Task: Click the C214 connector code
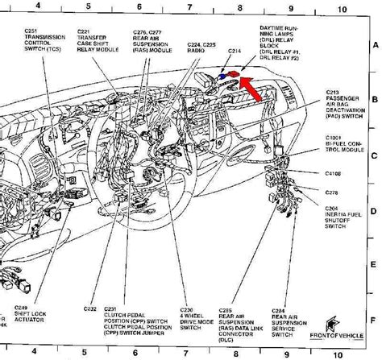click(x=235, y=50)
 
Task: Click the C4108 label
click(x=333, y=173)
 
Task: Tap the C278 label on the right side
click(x=331, y=192)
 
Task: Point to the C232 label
click(x=90, y=309)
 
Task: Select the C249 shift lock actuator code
click(x=21, y=308)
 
